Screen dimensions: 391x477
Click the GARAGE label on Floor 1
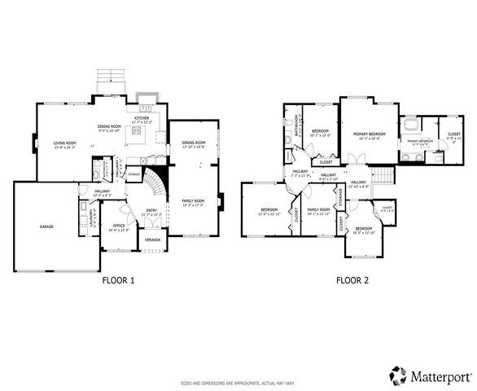point(47,226)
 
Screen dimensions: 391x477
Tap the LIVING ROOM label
point(63,143)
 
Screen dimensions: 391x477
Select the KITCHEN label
point(142,118)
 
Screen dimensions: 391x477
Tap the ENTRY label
point(152,210)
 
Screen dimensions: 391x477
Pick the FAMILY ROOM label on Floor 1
point(193,200)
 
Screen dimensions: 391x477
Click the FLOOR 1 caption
point(118,280)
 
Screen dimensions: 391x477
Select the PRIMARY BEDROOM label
point(369,134)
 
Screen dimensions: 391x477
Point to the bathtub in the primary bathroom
point(410,127)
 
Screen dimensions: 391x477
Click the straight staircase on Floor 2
point(382,175)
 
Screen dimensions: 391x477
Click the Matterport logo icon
point(398,376)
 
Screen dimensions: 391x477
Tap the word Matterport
point(440,376)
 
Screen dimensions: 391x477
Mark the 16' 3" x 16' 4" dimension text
point(369,138)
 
